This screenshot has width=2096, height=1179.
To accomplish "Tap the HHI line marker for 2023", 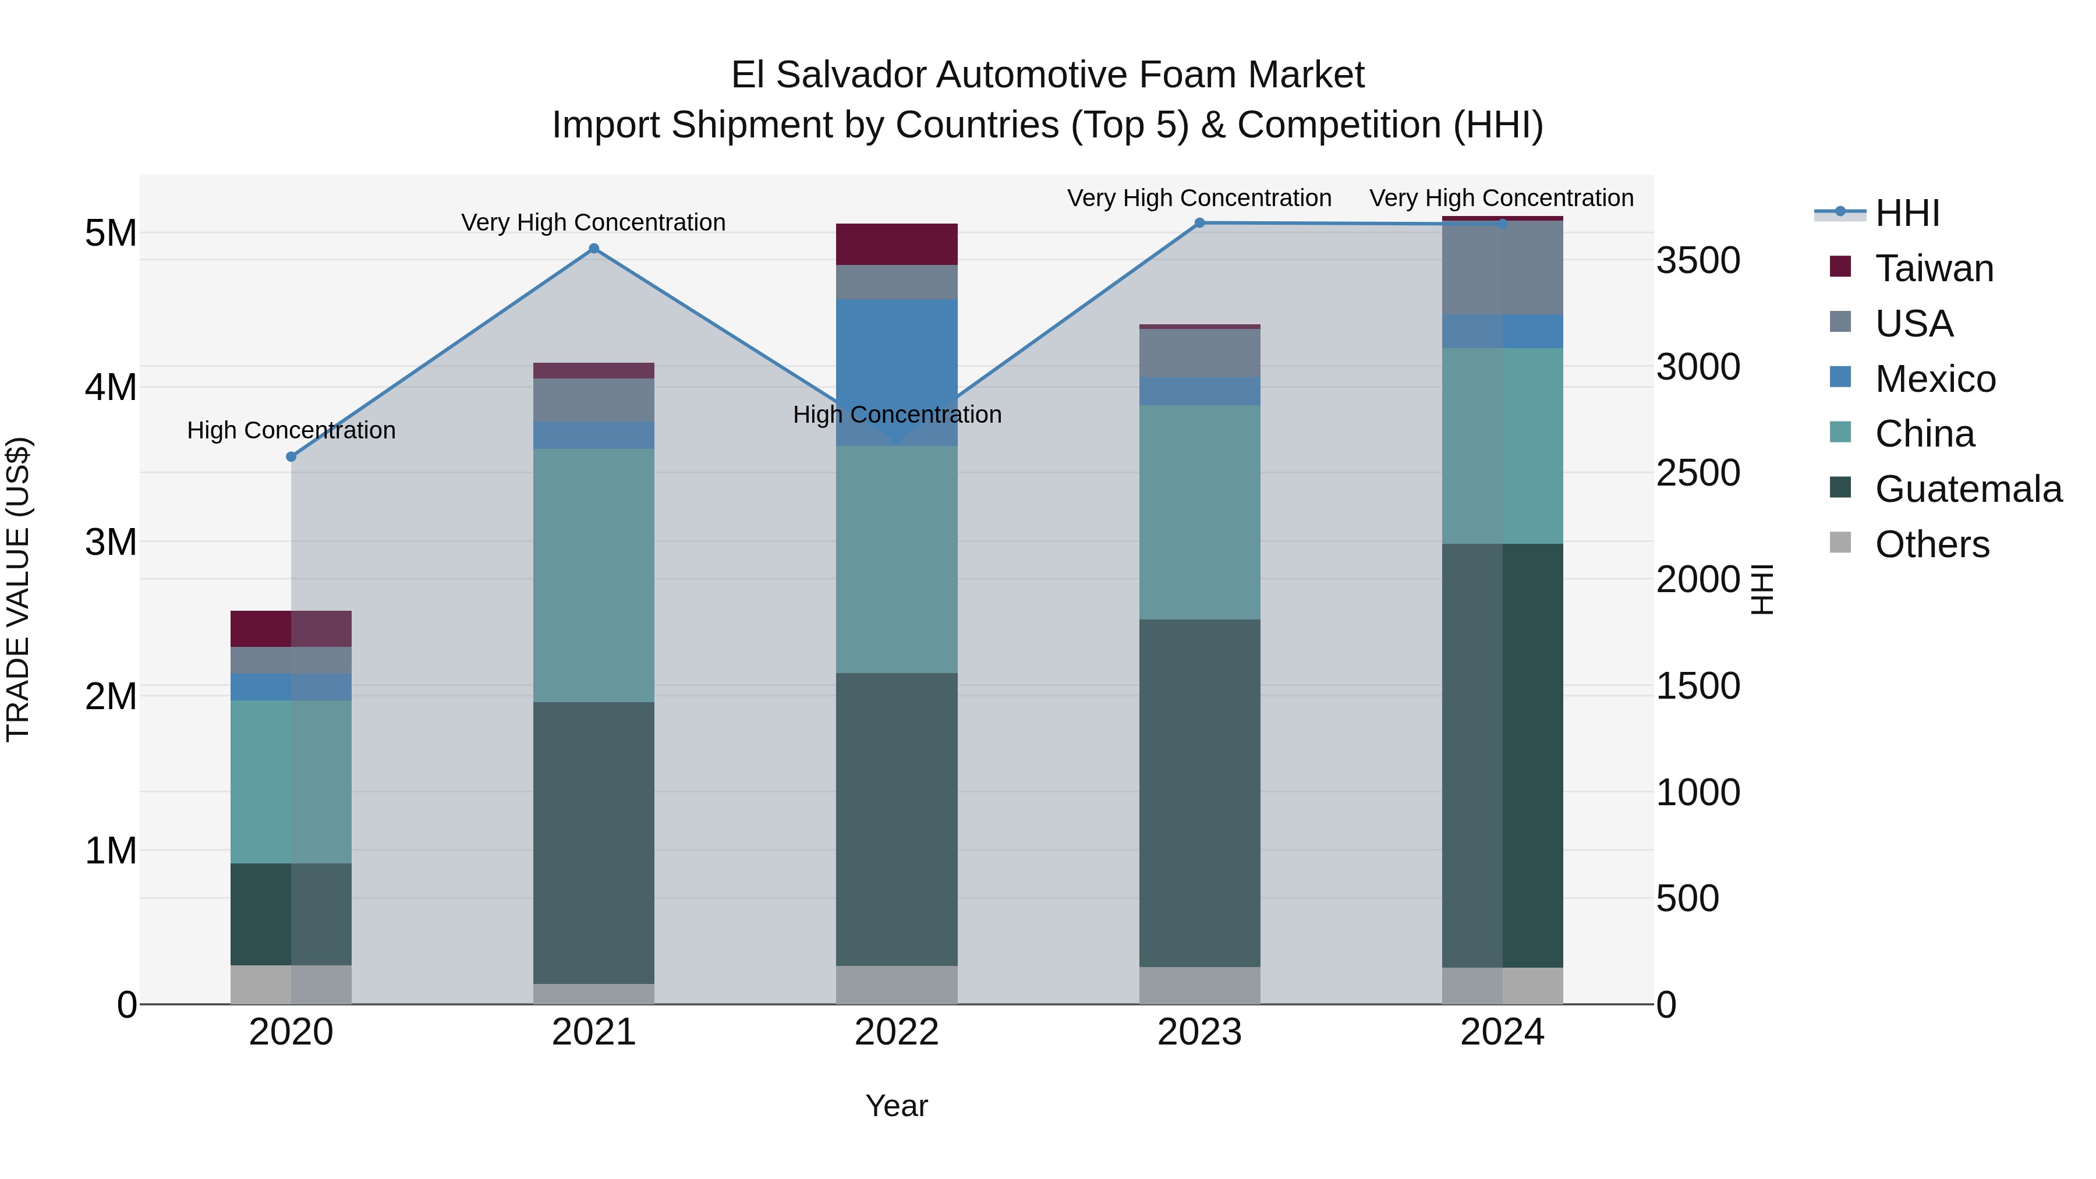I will [1199, 223].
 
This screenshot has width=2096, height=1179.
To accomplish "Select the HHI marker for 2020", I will [291, 457].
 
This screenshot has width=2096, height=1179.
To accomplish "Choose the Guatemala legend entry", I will [1967, 489].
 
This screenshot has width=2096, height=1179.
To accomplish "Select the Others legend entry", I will [1932, 544].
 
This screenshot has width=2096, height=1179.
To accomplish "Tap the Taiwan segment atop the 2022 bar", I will [897, 244].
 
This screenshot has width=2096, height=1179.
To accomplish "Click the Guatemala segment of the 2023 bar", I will [1199, 794].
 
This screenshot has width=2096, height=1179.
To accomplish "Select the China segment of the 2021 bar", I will [594, 575].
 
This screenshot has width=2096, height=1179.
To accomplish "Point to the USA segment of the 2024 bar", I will [1502, 268].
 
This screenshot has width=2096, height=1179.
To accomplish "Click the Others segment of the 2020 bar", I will [291, 985].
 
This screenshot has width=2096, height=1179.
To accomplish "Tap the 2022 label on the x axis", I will [897, 1032].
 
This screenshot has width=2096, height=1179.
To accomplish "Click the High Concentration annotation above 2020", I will [291, 430].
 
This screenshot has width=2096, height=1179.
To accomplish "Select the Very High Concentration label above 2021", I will [593, 223].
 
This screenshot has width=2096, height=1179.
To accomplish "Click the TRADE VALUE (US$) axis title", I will [18, 590].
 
